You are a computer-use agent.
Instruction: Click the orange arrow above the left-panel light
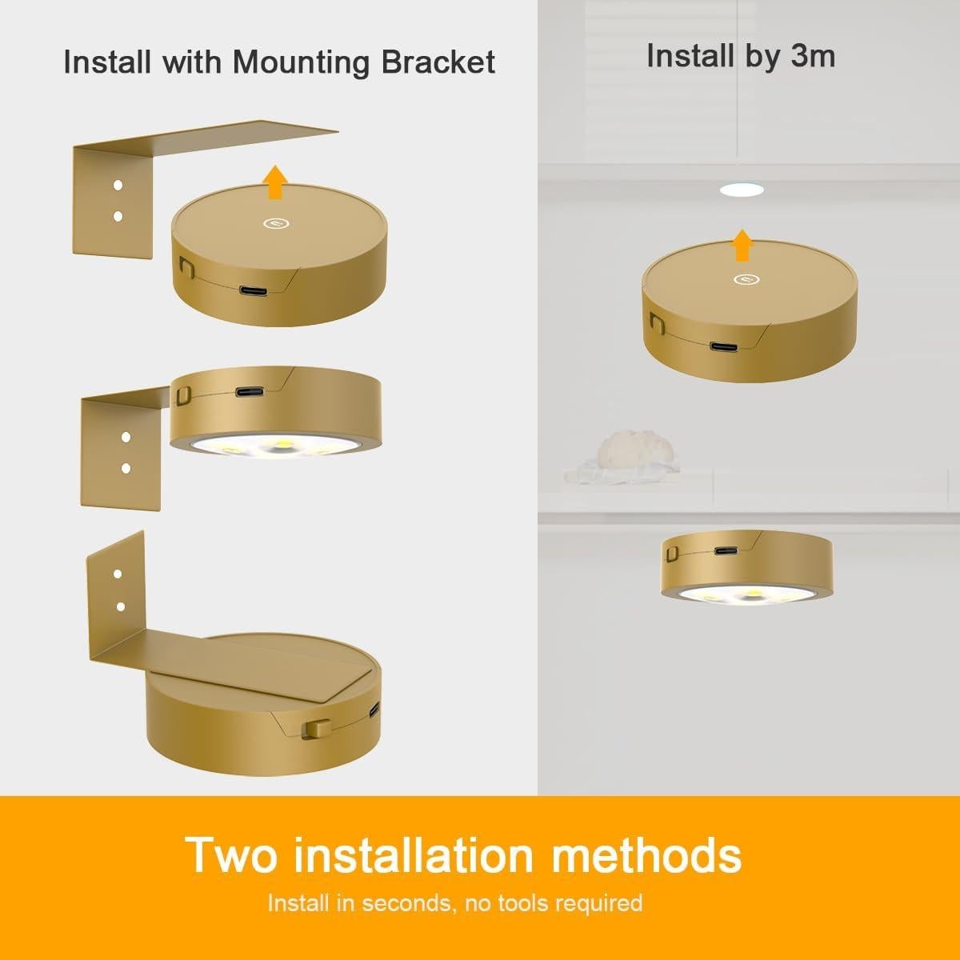276,182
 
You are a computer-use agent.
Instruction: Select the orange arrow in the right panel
743,244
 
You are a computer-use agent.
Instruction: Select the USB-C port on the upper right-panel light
722,346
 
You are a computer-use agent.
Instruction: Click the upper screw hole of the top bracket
118,186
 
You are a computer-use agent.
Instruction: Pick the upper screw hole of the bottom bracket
118,574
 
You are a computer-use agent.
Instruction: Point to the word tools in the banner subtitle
527,903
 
